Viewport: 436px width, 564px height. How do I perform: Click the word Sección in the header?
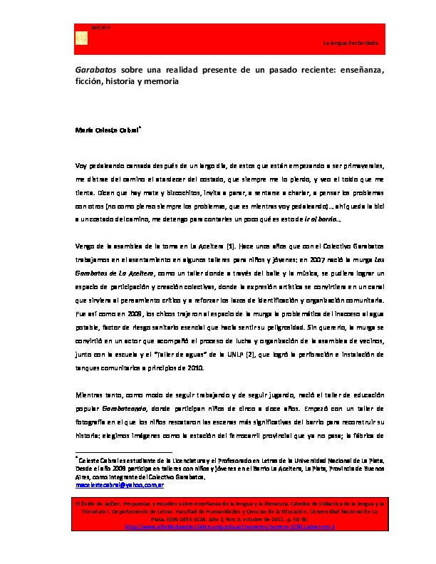pos(100,27)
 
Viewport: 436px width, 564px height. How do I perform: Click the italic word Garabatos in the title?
pos(95,70)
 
